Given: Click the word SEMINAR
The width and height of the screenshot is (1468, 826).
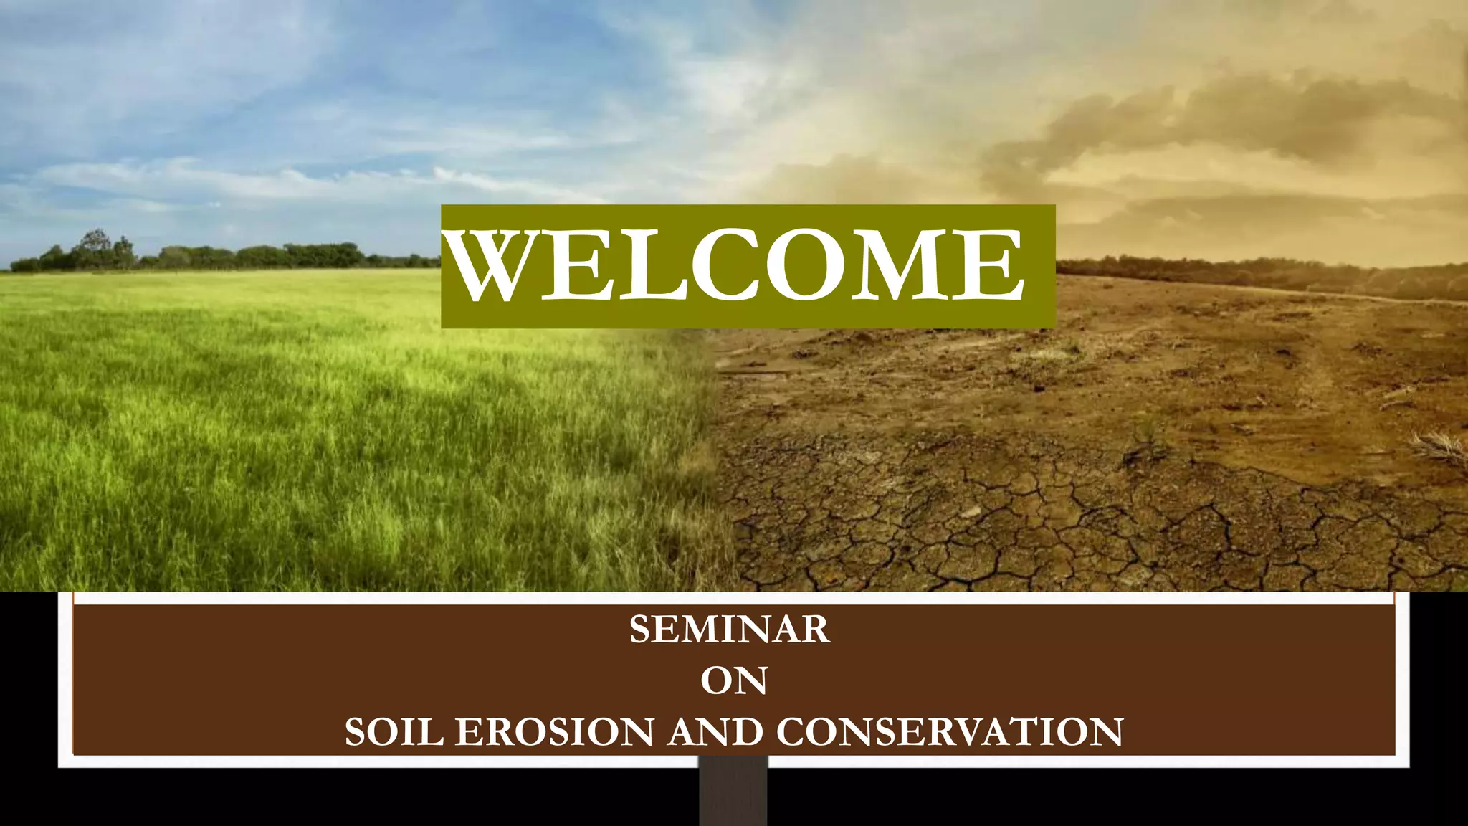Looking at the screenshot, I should pos(730,630).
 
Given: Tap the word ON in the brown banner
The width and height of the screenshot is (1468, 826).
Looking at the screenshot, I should pos(734,680).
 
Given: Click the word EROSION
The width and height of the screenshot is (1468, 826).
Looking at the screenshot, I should pos(554,732).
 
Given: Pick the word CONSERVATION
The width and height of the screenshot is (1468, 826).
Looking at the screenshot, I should pos(949,732).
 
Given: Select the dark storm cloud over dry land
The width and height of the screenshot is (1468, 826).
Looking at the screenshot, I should pos(1219,115).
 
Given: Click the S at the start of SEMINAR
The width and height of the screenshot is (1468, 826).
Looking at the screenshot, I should pos(639,630).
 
